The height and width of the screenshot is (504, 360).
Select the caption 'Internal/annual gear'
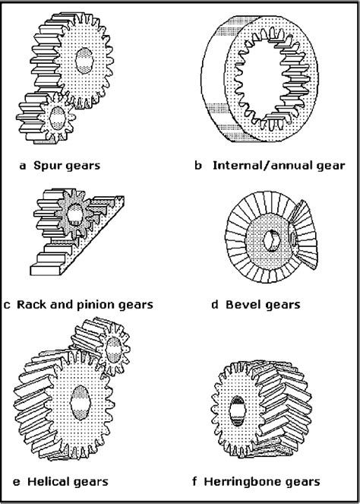[278, 163]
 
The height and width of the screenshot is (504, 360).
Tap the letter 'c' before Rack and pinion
[7, 305]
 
